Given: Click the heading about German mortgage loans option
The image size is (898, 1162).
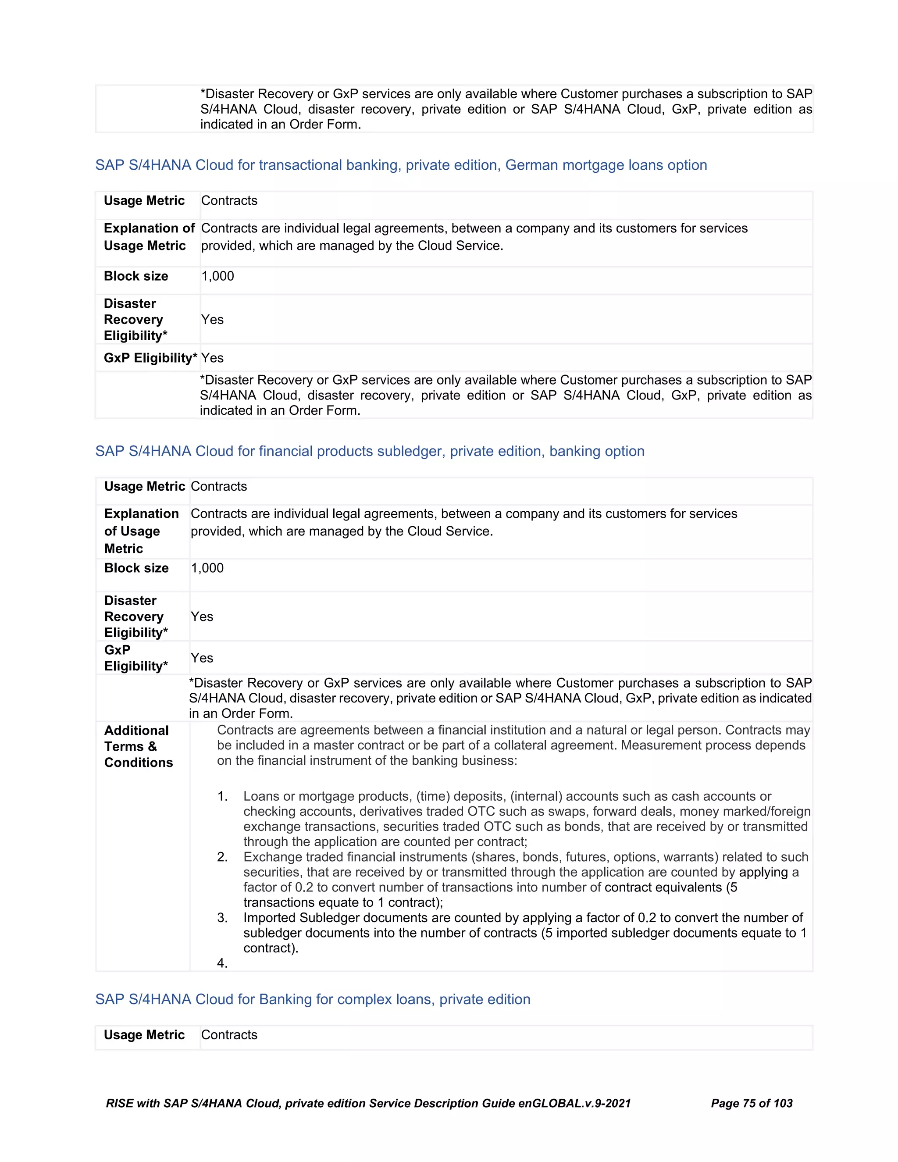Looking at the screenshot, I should coord(401,165).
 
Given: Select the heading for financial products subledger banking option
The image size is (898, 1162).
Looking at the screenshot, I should coord(370,451).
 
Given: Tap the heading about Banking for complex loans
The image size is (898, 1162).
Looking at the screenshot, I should coord(313,999).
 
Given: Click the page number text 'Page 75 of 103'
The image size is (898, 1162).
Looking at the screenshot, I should coord(751,1104).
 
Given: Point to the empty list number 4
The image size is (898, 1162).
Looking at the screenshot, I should coord(222,963).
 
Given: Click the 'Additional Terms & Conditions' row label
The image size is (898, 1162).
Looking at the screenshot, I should coord(138,746).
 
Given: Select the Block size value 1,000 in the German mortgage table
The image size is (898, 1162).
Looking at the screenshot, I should coord(217,276).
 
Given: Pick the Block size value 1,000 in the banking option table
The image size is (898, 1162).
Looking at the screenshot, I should coord(207,568).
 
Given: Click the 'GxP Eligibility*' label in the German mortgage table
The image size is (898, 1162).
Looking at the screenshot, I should coord(150,358).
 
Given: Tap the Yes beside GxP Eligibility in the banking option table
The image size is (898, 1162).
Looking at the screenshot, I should coord(202,658).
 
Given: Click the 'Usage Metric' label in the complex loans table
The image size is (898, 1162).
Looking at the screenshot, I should coord(144,1035).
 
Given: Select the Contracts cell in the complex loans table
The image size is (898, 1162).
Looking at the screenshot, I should coord(229,1035).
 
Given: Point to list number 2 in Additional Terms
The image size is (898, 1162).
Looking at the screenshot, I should coord(222,857).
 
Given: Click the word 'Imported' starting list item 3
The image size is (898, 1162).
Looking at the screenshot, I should coord(269,918).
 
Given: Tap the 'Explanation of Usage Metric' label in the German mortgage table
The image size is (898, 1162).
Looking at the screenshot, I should coord(149,237).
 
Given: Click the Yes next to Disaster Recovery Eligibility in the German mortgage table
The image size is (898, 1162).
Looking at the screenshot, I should coord(212,320).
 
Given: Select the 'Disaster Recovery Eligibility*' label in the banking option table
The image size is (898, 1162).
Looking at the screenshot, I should coord(135,617).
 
